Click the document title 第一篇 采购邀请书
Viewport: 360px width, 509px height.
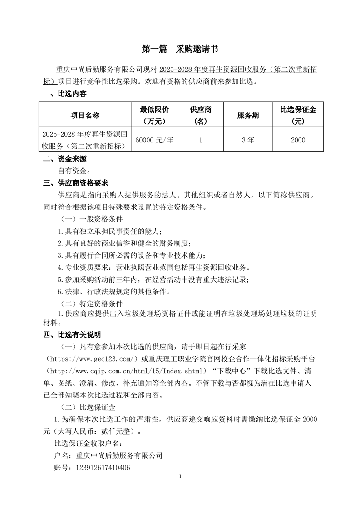pos(180,49)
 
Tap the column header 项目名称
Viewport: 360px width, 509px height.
pos(84,115)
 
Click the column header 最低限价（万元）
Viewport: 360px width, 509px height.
pos(154,115)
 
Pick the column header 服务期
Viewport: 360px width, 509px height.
pos(248,115)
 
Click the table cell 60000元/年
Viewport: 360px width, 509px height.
pos(154,140)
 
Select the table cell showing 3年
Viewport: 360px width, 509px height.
pos(248,140)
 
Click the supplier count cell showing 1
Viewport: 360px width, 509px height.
pos(200,140)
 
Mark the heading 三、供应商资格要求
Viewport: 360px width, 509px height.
pos(75,183)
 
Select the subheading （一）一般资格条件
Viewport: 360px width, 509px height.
pos(88,219)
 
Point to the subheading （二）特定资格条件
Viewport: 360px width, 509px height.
pos(88,303)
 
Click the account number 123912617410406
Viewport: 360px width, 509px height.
pos(103,467)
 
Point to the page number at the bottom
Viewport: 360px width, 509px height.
pos(180,476)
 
